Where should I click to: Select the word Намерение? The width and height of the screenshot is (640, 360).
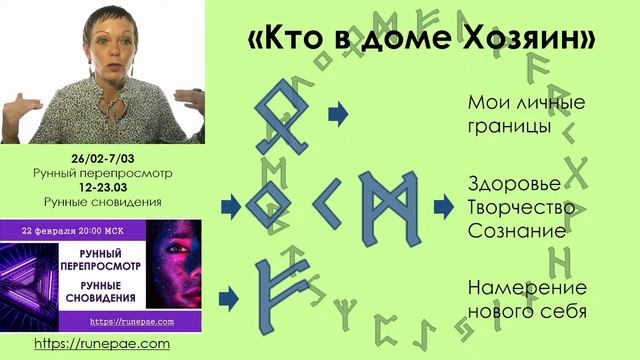click(x=513, y=288)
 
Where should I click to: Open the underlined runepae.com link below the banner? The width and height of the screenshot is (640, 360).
click(x=102, y=343)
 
